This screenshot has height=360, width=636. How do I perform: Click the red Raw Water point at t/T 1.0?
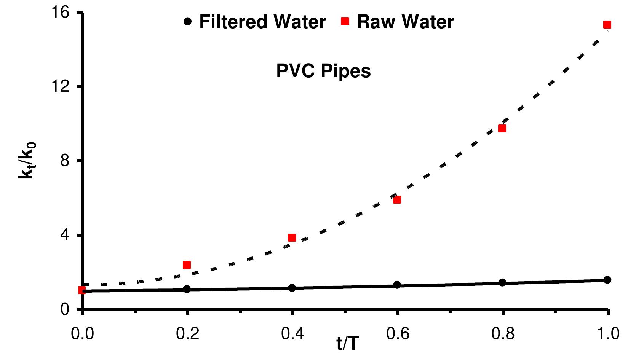click(607, 25)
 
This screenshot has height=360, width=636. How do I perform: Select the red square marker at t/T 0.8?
click(502, 128)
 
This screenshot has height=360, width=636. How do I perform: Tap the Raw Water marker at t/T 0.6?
click(397, 199)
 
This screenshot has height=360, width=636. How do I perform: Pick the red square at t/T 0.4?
click(292, 237)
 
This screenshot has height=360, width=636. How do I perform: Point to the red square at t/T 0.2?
click(187, 265)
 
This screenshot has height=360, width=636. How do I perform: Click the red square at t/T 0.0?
click(82, 290)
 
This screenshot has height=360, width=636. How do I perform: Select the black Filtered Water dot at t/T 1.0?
click(607, 280)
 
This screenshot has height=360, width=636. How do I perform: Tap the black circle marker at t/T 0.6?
click(397, 285)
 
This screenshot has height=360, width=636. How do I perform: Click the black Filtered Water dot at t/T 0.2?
click(187, 289)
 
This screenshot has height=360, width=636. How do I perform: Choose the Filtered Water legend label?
click(262, 22)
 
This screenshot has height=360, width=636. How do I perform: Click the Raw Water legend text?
click(405, 22)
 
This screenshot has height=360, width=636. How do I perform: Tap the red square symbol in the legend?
click(345, 21)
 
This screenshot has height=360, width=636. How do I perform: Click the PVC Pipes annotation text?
click(323, 71)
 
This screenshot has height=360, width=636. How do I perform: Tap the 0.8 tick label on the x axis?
click(502, 334)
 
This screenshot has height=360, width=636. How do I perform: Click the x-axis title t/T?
click(347, 344)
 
